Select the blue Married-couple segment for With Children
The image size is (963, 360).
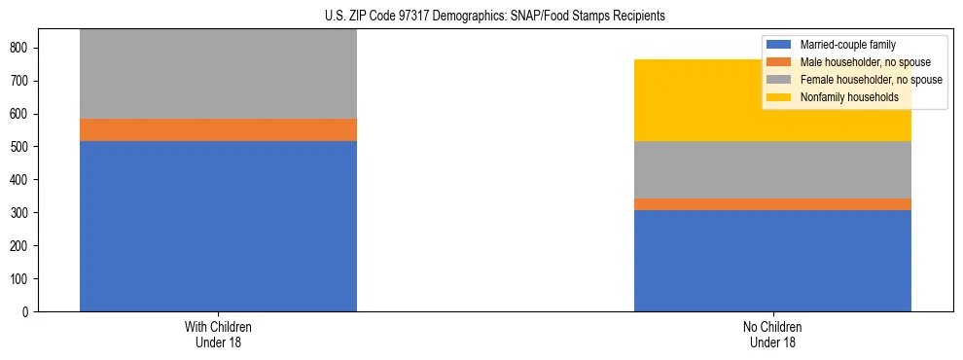(x=218, y=226)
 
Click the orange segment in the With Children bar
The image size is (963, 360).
(x=218, y=129)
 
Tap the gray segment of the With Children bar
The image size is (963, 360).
(x=218, y=74)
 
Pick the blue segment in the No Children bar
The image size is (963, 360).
(x=772, y=261)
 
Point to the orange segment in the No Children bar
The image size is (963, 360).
(x=772, y=204)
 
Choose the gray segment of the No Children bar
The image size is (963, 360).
(x=772, y=170)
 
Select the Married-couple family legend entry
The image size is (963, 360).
(x=847, y=45)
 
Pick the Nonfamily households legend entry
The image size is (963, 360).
(x=842, y=97)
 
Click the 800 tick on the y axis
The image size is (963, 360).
(x=22, y=48)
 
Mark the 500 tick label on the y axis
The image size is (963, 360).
(x=22, y=147)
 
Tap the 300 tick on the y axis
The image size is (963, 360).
(x=22, y=213)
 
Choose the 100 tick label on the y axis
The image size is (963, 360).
(x=22, y=279)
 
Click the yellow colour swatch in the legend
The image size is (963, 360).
(x=779, y=97)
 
